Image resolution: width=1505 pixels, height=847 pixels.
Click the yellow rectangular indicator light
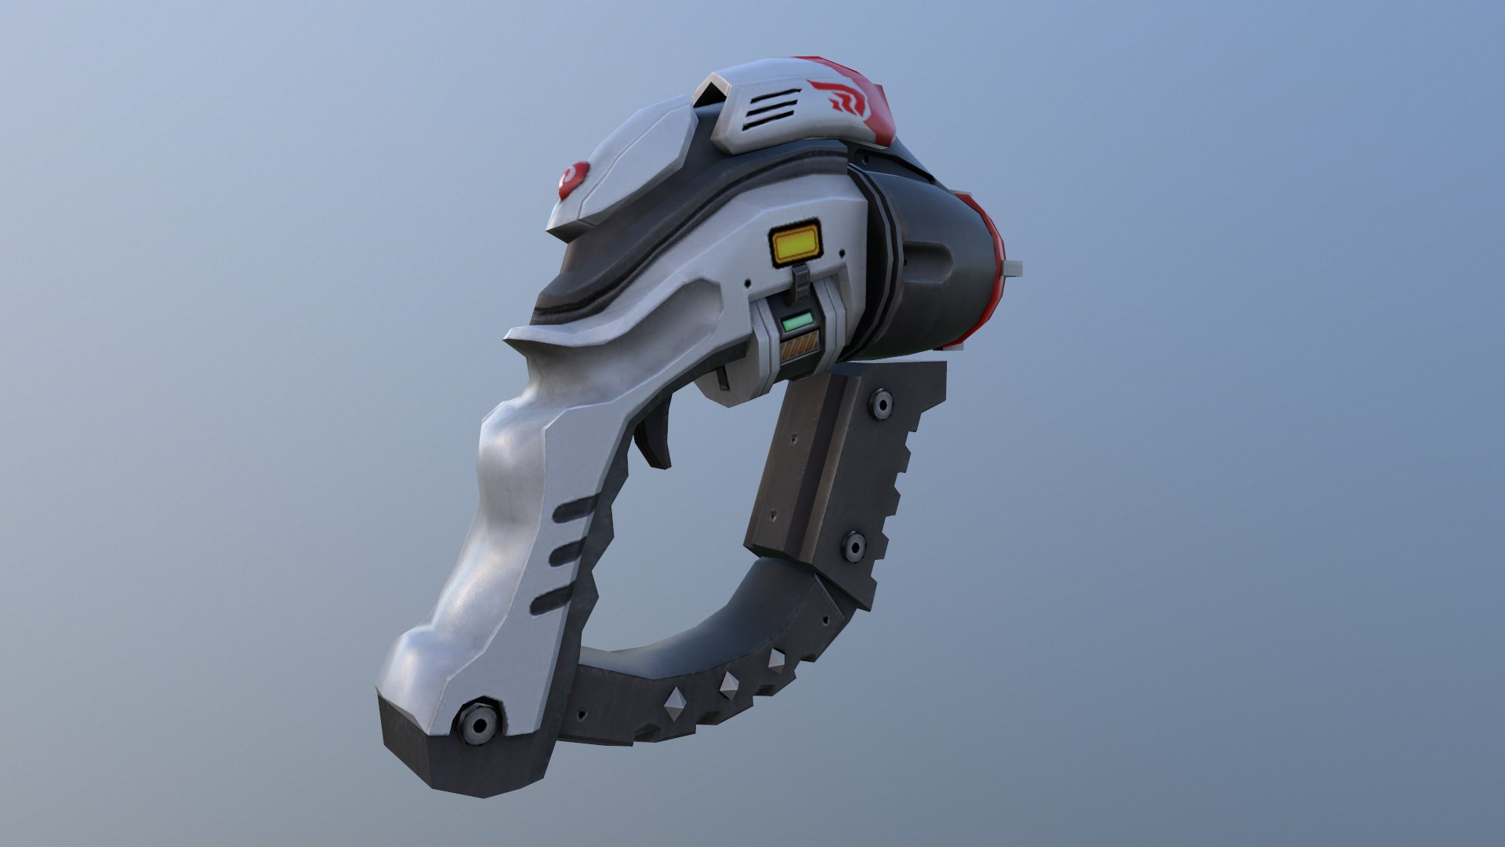796,243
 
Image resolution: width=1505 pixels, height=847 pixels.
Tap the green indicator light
796,322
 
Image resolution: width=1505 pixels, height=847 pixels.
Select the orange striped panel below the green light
800,345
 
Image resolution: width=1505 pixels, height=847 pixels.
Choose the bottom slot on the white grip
553,600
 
